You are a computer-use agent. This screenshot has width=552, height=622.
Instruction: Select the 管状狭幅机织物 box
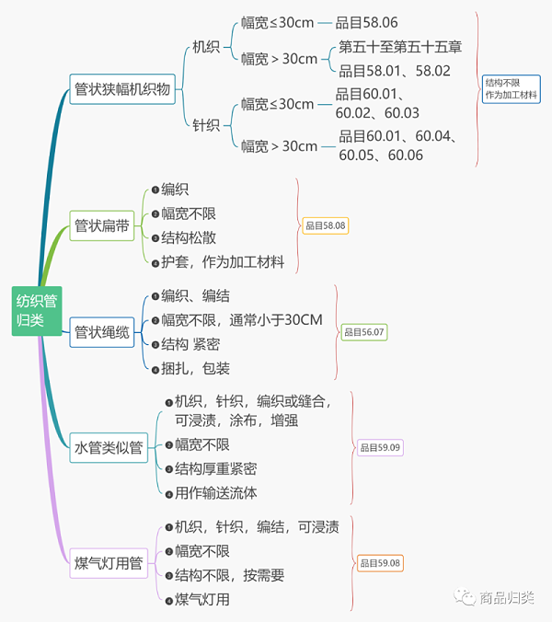click(x=122, y=89)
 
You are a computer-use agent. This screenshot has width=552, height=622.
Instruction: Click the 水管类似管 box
click(x=108, y=448)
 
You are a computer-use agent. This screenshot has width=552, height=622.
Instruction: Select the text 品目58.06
click(x=366, y=22)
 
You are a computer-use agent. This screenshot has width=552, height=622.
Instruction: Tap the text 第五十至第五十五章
click(x=400, y=47)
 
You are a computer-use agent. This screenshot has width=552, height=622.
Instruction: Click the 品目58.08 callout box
click(x=325, y=225)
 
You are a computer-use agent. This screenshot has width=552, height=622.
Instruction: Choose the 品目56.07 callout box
click(x=363, y=331)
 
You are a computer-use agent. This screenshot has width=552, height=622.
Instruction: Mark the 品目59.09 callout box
click(x=380, y=448)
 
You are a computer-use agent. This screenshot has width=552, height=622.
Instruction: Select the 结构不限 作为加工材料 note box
click(x=511, y=88)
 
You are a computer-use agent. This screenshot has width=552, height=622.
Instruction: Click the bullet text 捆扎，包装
click(x=195, y=368)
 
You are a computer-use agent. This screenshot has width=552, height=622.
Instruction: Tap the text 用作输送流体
click(x=216, y=493)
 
